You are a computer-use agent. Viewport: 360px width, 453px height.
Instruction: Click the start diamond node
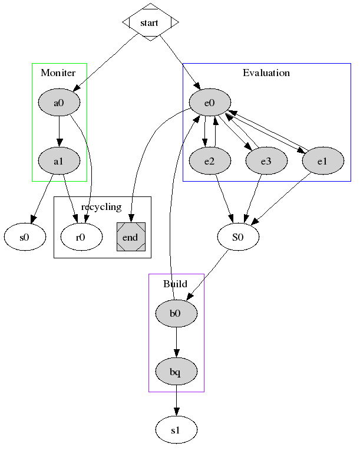coord(150,22)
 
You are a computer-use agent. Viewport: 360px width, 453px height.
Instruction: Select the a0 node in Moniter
coord(59,103)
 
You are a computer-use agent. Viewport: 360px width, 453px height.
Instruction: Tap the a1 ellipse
coord(59,160)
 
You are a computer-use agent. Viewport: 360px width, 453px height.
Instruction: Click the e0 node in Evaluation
coord(209,103)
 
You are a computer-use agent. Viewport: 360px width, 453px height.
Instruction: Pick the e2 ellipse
coord(209,160)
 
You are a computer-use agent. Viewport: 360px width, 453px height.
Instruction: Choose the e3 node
coord(266,160)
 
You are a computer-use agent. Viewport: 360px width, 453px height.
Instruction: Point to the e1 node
coord(322,160)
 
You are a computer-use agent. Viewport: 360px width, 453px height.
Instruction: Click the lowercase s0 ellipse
coord(25,238)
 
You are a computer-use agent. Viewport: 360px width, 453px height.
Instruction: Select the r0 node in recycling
coord(81,238)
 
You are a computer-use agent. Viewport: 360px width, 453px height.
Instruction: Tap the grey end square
coord(131,238)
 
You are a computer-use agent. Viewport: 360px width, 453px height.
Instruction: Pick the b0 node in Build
coord(176,313)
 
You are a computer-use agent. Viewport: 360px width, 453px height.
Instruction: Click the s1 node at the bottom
coord(176,430)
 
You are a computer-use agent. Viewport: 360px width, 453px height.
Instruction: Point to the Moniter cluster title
coord(58,73)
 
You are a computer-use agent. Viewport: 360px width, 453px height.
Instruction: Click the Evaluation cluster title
coord(266,73)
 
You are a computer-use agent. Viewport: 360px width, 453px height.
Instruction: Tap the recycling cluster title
coord(101,207)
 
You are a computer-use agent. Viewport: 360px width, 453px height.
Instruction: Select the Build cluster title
coord(175,284)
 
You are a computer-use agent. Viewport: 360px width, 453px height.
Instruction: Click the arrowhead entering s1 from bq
coord(176,412)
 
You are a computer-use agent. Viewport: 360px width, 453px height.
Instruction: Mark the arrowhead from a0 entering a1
coord(59,142)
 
